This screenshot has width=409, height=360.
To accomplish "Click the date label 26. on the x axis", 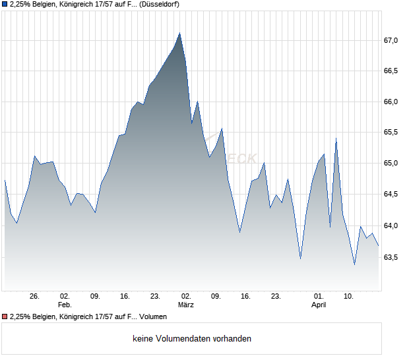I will tap(35, 296).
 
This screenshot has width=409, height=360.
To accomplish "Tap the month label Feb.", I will tap(64, 305).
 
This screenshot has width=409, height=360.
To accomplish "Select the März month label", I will tap(186, 305).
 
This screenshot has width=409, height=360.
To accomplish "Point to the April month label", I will tap(319, 305).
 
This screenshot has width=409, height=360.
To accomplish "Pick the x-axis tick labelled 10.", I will tap(349, 296).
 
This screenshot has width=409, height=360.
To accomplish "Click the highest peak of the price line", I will tap(180, 32).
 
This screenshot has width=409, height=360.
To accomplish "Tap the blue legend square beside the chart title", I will tap(5, 5).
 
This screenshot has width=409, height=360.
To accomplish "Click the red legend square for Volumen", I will tap(5, 317).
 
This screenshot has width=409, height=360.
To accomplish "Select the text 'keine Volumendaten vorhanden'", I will tap(192, 339).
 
